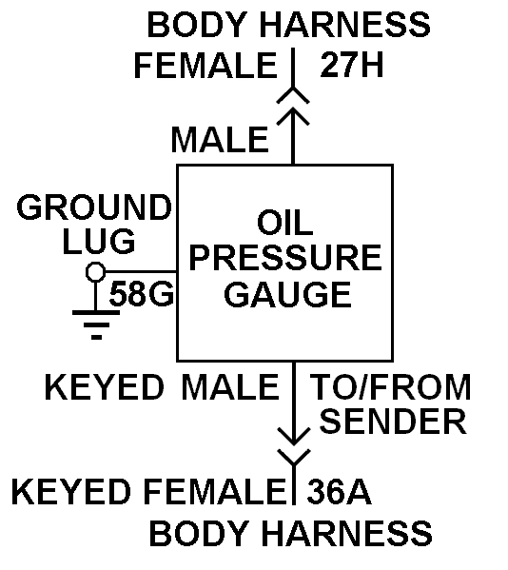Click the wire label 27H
pos(352,65)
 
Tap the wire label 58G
pos(142,294)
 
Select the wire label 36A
pos(339,492)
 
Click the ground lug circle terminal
pos(96,271)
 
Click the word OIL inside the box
pos(284,223)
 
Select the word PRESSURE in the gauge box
pos(285,258)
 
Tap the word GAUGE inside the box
pos(287,294)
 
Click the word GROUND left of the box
pos(94,207)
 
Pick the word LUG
pos(99,241)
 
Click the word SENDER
pos(393,421)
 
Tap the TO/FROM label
pos(391,386)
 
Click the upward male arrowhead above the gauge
pos(293,116)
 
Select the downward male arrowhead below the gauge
pos(294,436)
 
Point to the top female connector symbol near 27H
pos(293,95)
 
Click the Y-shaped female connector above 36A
pos(294,458)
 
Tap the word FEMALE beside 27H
pos(206,66)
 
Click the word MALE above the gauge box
pos(220,140)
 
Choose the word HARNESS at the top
pos(344,25)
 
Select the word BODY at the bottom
pos(199,533)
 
